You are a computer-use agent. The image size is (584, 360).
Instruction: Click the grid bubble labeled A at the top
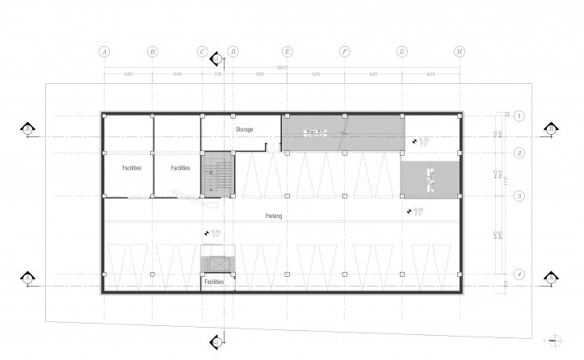(103, 52)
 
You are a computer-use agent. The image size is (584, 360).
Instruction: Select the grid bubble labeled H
(459, 52)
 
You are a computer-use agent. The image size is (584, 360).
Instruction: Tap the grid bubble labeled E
(287, 52)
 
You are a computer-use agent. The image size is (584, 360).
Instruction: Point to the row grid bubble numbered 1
(519, 115)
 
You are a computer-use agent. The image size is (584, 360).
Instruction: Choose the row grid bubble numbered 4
(519, 274)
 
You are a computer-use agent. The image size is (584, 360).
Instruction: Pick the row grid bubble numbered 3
(519, 196)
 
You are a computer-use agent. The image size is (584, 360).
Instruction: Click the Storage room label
(244, 129)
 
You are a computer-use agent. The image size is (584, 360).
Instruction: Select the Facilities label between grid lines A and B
(132, 168)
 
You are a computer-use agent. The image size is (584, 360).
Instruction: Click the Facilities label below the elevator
(214, 283)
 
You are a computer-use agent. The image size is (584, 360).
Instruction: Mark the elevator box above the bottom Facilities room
(216, 266)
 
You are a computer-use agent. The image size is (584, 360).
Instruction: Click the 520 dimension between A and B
(128, 74)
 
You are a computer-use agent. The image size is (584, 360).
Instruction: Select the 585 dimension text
(259, 74)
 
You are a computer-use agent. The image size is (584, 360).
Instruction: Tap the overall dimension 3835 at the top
(281, 66)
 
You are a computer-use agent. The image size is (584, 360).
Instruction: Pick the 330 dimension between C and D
(216, 74)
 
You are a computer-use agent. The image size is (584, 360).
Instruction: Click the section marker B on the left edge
(27, 128)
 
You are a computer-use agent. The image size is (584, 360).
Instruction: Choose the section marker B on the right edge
(551, 128)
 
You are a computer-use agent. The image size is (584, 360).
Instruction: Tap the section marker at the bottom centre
(216, 341)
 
